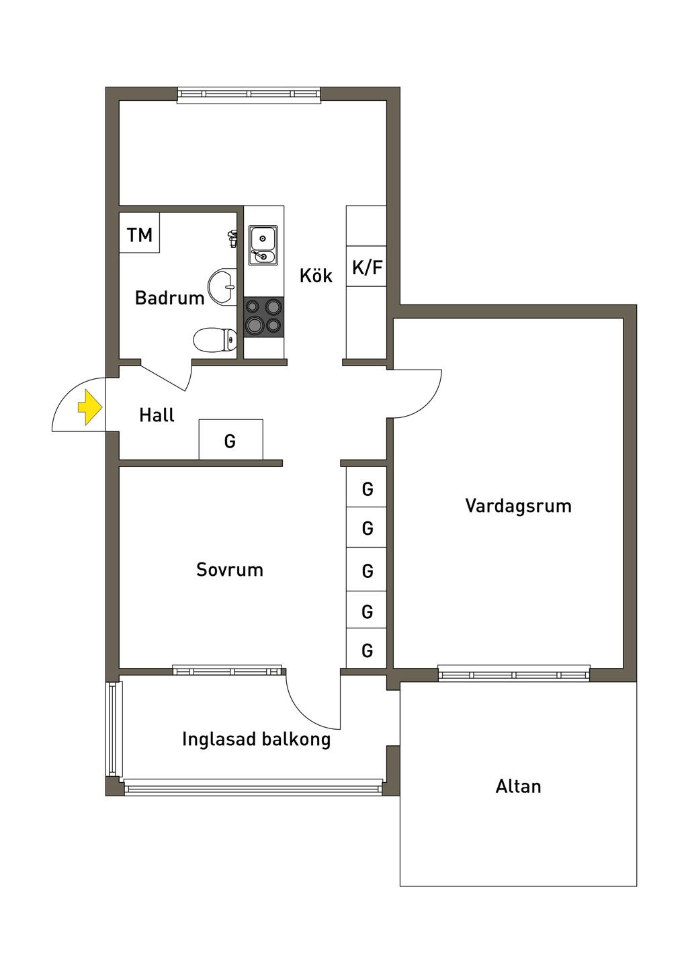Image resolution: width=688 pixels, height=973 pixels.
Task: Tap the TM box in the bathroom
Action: click(140, 234)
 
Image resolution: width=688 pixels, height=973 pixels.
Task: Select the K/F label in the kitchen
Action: click(367, 267)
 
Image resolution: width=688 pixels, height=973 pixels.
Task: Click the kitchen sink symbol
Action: click(263, 245)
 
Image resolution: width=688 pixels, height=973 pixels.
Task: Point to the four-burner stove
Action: click(263, 316)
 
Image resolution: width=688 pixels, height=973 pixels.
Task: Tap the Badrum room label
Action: click(169, 298)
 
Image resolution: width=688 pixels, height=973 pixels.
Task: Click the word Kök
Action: click(316, 276)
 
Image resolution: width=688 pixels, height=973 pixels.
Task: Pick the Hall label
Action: click(157, 415)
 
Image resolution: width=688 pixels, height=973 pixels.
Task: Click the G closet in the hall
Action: click(230, 440)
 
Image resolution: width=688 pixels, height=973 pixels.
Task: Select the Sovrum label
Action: click(229, 570)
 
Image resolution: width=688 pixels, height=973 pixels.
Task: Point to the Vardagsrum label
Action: click(518, 506)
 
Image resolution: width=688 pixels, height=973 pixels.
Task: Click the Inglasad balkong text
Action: click(256, 739)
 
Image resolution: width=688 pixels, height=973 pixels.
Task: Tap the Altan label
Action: click(518, 786)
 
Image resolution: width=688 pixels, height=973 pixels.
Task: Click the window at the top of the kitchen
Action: click(249, 95)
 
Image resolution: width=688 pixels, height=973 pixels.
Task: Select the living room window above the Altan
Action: click(514, 673)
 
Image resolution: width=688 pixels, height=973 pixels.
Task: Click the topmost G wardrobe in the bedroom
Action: click(367, 488)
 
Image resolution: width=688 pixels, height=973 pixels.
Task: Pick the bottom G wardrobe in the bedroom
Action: click(367, 650)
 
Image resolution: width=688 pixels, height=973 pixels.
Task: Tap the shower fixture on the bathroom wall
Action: click(232, 237)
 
